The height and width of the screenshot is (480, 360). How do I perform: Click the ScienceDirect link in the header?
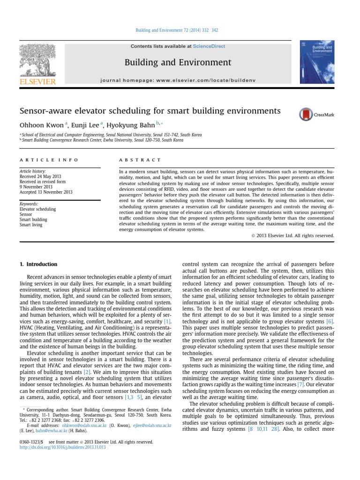(x=211, y=46)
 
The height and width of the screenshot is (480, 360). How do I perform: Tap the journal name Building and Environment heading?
(x=178, y=62)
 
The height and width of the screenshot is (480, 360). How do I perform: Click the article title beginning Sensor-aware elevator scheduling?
(x=150, y=111)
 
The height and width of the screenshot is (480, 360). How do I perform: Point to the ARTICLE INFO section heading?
(x=49, y=160)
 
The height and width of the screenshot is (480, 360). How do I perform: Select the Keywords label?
(x=29, y=204)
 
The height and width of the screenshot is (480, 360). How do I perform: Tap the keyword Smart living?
(x=31, y=225)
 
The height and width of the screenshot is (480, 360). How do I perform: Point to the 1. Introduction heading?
(x=38, y=264)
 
